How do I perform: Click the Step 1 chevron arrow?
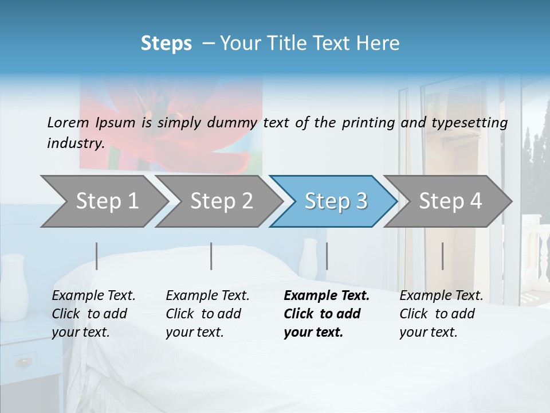(x=106, y=201)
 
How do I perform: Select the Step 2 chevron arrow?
(x=221, y=201)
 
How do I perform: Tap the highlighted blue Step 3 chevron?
(x=335, y=201)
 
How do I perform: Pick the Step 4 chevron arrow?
(x=450, y=201)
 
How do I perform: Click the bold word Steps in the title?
(x=166, y=43)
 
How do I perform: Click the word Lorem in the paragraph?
(x=68, y=122)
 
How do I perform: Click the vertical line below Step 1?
(x=97, y=256)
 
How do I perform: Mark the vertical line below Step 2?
(x=211, y=256)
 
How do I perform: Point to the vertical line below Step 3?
(x=327, y=256)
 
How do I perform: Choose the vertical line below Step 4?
(x=442, y=256)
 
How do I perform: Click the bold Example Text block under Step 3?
(x=327, y=314)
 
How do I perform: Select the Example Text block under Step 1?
(x=93, y=314)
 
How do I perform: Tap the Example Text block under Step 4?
(x=441, y=314)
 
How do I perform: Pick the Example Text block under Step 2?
(x=207, y=314)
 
